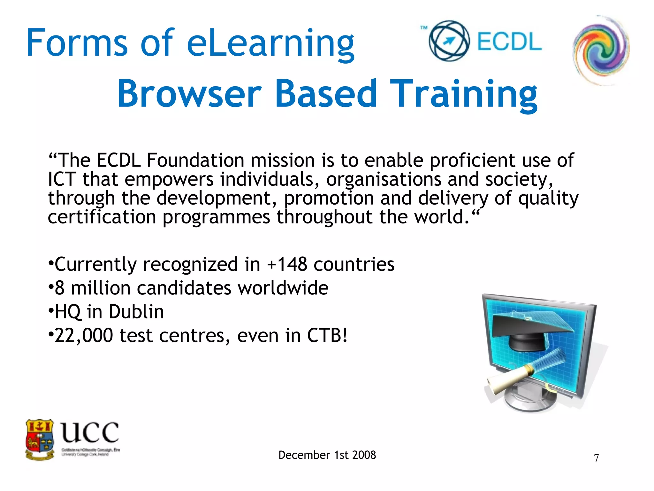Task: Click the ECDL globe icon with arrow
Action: coord(449,41)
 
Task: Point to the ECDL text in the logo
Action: coord(509,42)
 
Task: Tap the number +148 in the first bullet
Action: coord(287,265)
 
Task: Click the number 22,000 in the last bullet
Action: coord(84,336)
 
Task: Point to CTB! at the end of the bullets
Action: coord(327,336)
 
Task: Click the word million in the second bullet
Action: coord(100,288)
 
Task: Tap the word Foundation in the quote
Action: coord(195,160)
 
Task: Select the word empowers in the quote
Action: coord(169,179)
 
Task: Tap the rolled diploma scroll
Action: coord(511,377)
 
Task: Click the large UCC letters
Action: coord(90,432)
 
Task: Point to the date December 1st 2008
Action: coord(327,455)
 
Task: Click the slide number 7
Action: coord(596,458)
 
